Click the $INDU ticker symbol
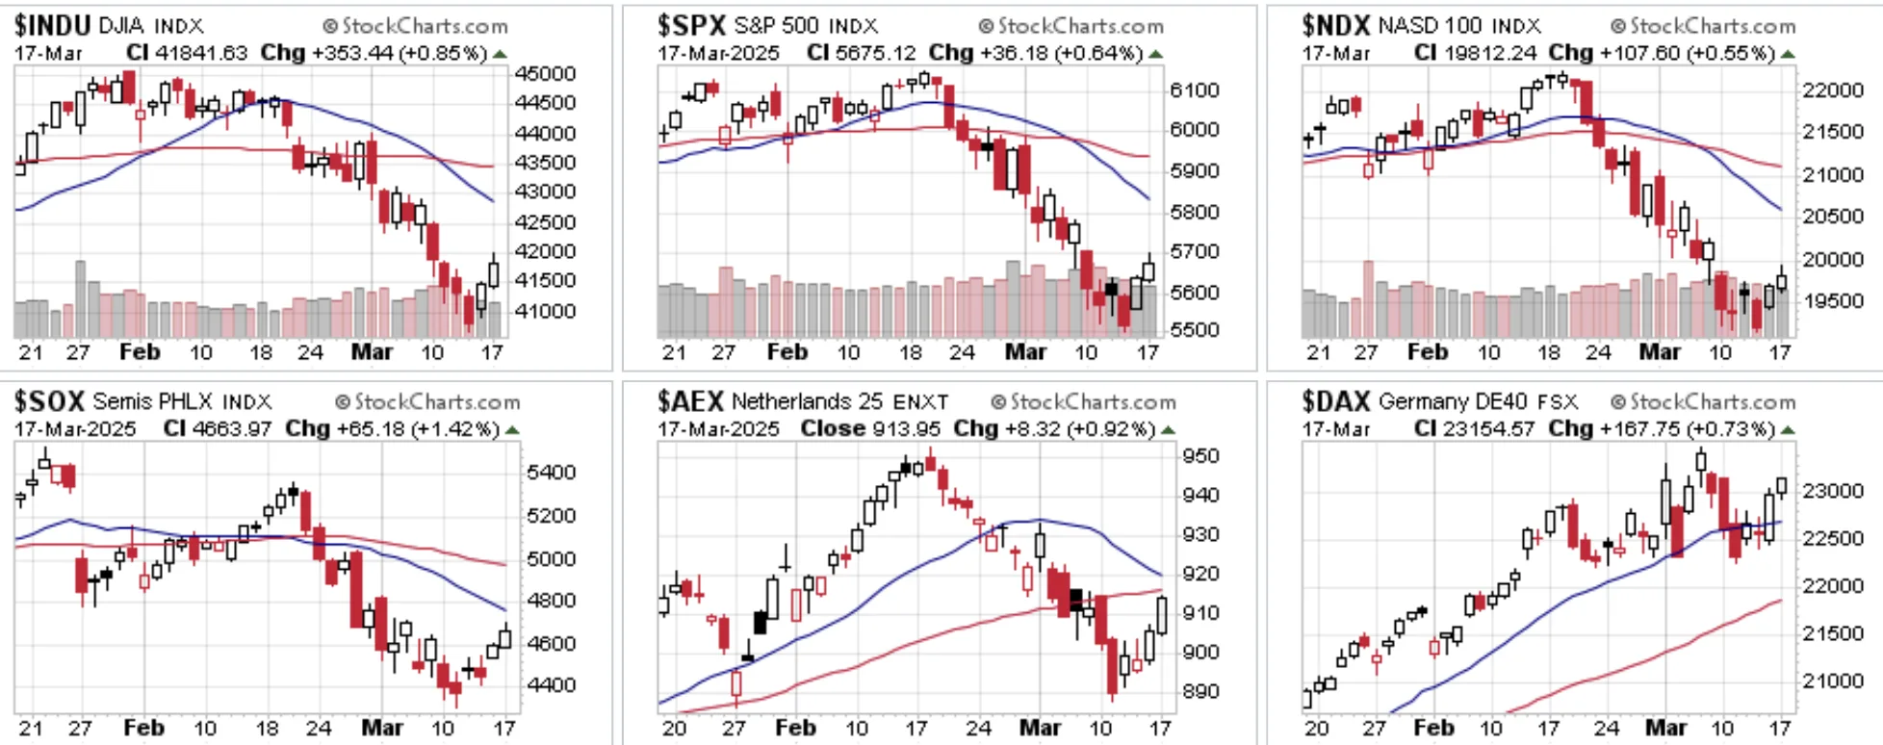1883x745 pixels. [53, 25]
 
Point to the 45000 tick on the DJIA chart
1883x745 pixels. [546, 74]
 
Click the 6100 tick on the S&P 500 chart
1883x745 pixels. [1195, 90]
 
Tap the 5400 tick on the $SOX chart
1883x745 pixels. [552, 472]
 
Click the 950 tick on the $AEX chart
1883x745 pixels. [1200, 455]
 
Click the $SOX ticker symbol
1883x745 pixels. [50, 400]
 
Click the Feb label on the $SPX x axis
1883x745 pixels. [787, 352]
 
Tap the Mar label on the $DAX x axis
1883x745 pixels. [1665, 728]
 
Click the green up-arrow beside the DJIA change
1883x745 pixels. [500, 54]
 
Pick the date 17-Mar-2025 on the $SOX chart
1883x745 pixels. [75, 428]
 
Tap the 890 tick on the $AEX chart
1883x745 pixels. [1200, 691]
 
